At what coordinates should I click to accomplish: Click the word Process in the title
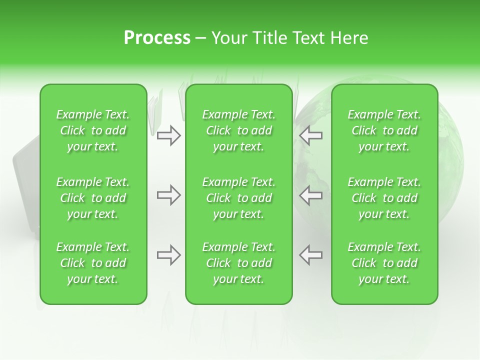click(157, 38)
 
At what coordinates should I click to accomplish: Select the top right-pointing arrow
click(168, 135)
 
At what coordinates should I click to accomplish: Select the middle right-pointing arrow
click(168, 195)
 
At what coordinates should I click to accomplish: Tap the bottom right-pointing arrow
click(168, 255)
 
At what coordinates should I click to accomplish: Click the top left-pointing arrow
click(310, 135)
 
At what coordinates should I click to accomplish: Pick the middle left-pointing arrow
click(310, 195)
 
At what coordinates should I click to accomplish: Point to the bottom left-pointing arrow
click(310, 255)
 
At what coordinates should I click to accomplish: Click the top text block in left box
click(93, 130)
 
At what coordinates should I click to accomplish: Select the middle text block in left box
click(93, 198)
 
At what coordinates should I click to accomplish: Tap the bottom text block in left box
click(93, 263)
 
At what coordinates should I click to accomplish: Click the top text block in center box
click(239, 130)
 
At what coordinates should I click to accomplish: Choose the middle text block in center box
click(239, 198)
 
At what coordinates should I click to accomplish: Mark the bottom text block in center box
click(239, 263)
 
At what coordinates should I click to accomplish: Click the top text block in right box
click(384, 130)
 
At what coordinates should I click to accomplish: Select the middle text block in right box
click(384, 198)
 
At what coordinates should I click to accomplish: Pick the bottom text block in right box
click(384, 263)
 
